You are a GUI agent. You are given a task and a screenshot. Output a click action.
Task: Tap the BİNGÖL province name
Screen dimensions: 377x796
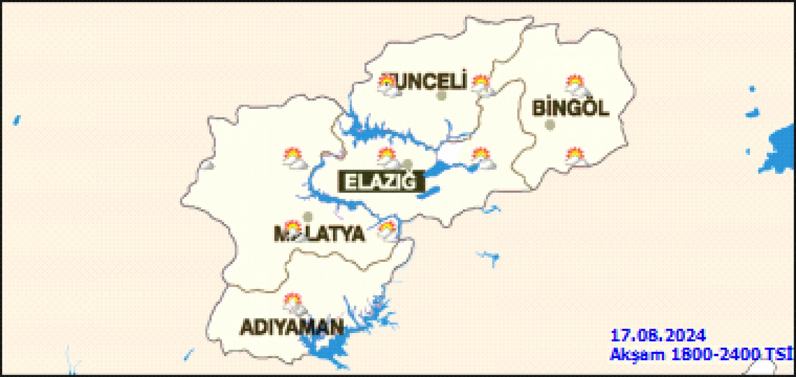point(570,108)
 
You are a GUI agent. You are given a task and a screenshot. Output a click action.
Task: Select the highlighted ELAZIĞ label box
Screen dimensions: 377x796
point(380,182)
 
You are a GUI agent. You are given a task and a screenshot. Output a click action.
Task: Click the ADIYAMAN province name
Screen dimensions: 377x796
point(292,327)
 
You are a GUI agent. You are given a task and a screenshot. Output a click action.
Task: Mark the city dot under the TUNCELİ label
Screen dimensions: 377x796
point(442,96)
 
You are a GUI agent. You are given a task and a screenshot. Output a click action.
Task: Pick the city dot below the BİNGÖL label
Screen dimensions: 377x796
point(549,125)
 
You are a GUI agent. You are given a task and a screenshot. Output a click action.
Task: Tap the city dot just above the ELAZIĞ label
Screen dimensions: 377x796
point(407,165)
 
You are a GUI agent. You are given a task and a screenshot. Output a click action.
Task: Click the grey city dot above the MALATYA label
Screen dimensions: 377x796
point(308,217)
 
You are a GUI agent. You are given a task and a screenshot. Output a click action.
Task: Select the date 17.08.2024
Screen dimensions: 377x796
point(658,336)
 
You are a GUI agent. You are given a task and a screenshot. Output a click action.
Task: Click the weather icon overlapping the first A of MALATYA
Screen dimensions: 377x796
point(293,230)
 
